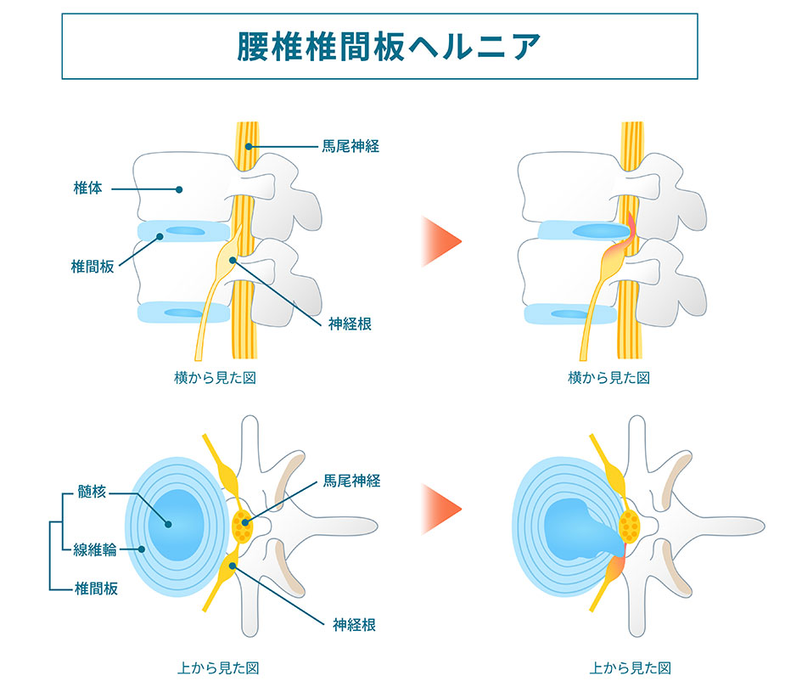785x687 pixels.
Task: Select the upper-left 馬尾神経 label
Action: pos(350,146)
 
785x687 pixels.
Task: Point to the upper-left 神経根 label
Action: pos(350,323)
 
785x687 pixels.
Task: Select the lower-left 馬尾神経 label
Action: pos(350,481)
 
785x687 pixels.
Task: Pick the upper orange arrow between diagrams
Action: pos(441,241)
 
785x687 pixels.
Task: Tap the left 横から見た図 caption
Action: pos(214,377)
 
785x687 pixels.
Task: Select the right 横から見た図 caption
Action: pos(608,377)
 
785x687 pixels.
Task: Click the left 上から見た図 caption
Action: pos(214,667)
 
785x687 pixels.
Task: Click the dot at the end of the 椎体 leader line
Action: pos(179,189)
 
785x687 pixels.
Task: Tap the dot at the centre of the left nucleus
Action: pos(169,524)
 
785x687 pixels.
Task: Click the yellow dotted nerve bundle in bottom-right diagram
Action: pos(631,527)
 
